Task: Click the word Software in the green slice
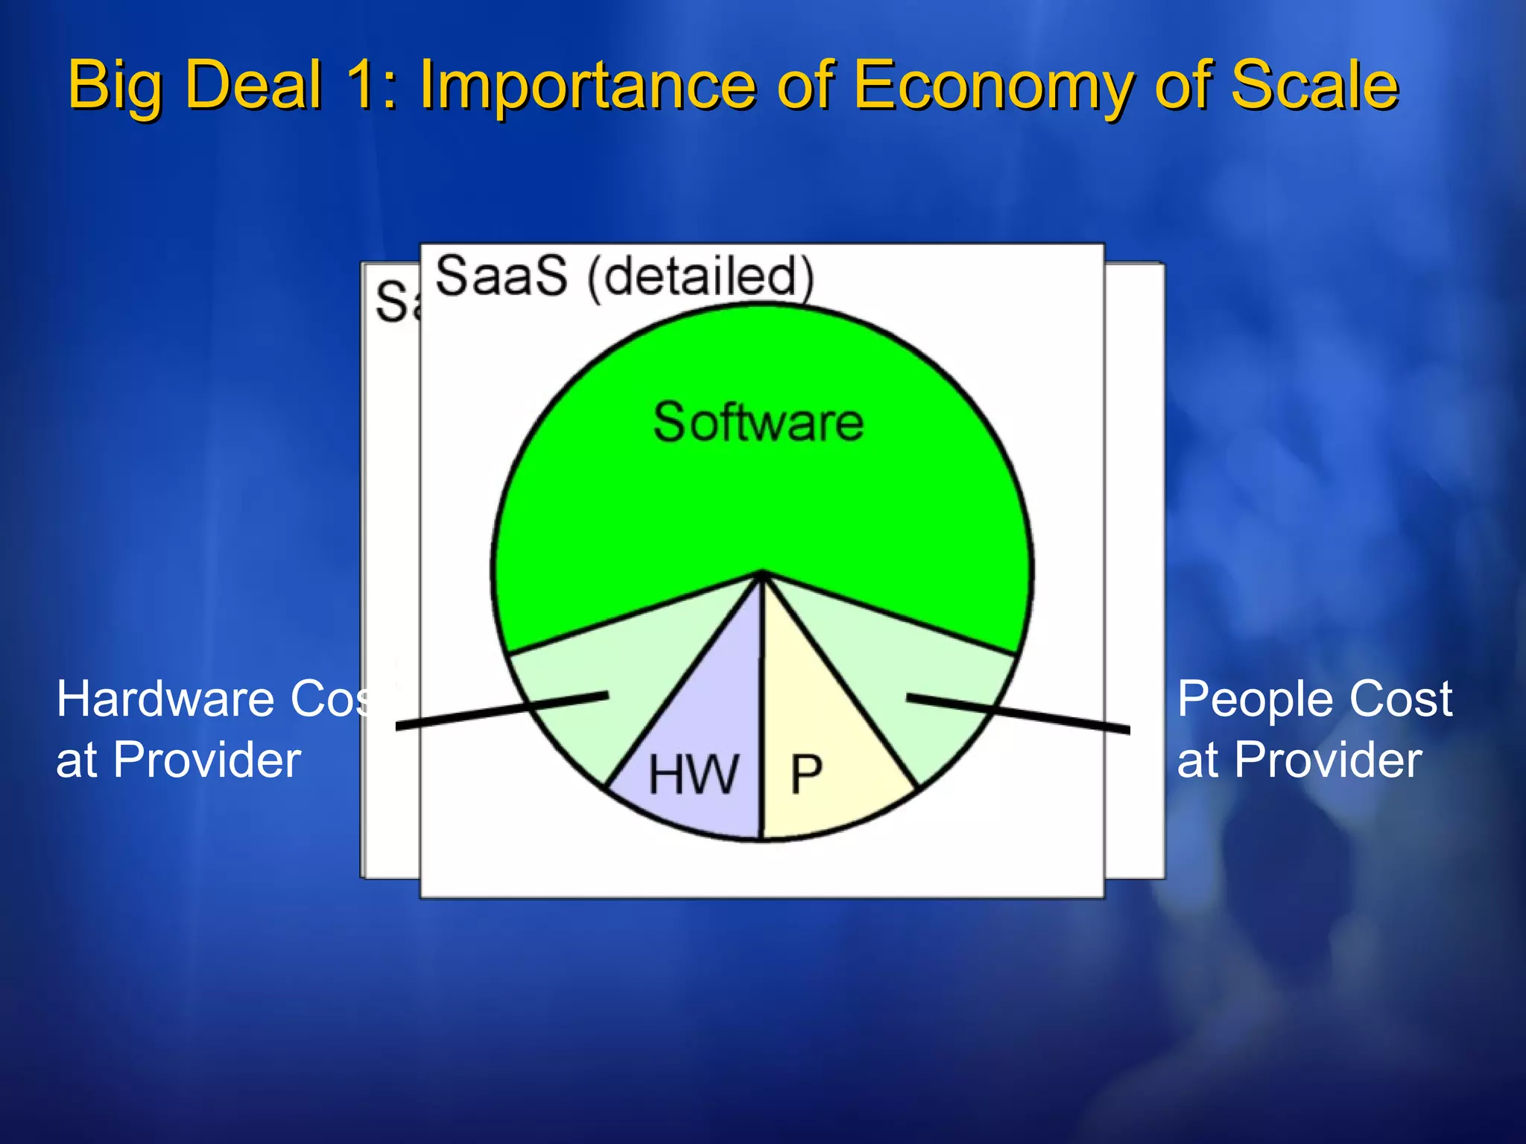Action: tap(758, 422)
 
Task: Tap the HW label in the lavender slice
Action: tap(693, 775)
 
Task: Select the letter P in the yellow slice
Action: tap(805, 775)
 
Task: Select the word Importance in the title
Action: tap(589, 86)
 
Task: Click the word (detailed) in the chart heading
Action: tap(700, 277)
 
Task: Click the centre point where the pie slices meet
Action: tap(762, 573)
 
